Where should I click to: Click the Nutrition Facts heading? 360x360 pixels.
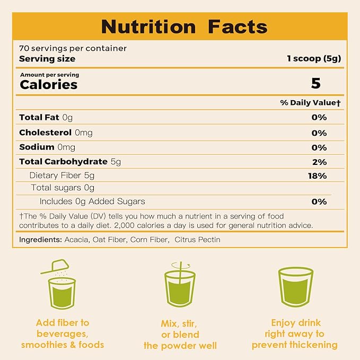tap(184, 26)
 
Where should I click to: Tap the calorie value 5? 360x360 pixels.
tap(316, 83)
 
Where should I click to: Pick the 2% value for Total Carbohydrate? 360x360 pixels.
tap(319, 162)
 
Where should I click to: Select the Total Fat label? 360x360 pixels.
tap(40, 117)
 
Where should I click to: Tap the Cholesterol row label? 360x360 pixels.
tap(46, 132)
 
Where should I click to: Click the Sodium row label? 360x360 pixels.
tap(37, 147)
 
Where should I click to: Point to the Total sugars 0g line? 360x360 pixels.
tap(63, 188)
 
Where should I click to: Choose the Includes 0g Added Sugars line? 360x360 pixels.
tap(92, 201)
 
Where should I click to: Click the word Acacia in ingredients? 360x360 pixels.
tap(63, 240)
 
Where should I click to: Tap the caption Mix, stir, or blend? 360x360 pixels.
tap(180, 334)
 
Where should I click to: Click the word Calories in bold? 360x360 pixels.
tap(48, 84)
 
